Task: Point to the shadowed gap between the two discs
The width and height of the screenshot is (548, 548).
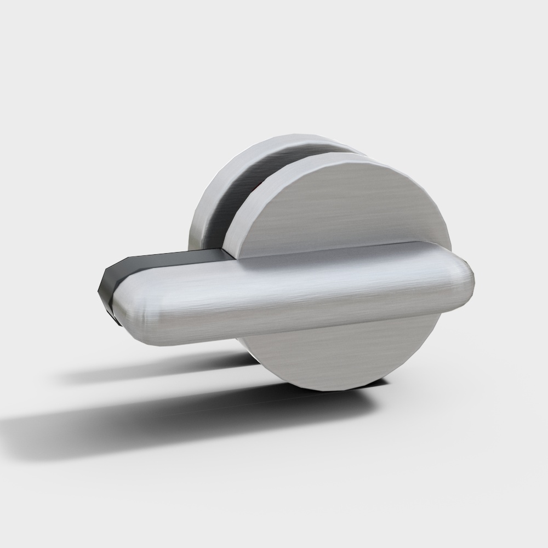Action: coord(241,203)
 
